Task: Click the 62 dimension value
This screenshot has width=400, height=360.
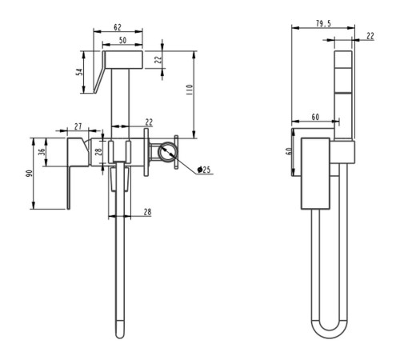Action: pos(118,27)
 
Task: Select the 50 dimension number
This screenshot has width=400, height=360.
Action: pos(122,41)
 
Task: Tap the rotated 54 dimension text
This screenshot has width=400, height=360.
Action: pos(79,72)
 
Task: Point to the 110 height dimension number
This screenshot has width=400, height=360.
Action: pos(190,90)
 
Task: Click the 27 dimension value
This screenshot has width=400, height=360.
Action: pos(78,126)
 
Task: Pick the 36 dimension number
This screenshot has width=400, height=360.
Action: pos(42,152)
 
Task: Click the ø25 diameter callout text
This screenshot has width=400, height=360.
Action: pos(204,170)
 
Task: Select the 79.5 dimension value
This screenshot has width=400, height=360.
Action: pos(323,23)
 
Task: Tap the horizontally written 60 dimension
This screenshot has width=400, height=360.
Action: pos(315,117)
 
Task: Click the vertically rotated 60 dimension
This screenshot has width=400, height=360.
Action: pos(288,151)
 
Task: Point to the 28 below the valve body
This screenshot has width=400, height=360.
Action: pos(147,212)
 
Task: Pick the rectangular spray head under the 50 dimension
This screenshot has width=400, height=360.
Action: pos(124,59)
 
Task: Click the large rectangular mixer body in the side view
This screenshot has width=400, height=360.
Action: pos(315,174)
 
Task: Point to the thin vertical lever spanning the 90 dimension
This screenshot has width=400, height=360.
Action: pos(69,187)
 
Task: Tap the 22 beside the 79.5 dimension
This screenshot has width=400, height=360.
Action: pos(370,36)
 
